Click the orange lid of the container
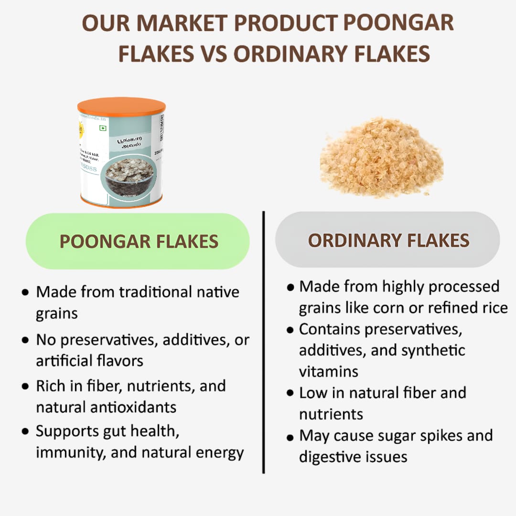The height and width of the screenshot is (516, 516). [x=121, y=106]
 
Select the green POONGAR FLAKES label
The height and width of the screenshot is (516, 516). [x=138, y=241]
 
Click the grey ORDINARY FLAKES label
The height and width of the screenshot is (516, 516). [x=388, y=240]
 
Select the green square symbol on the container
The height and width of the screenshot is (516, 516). [x=102, y=128]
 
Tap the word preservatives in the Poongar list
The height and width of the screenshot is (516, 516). [x=109, y=341]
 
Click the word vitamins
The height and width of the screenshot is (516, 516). [x=329, y=371]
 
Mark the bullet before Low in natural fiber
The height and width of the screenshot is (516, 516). [x=290, y=394]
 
